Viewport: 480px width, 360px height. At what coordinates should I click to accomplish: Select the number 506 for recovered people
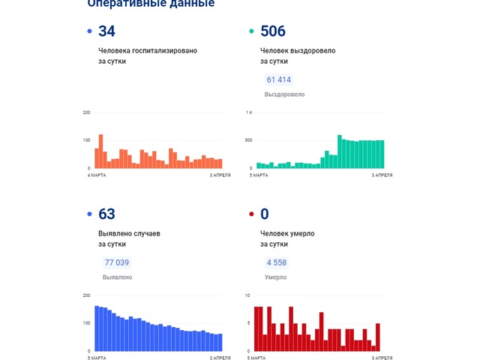pos(272,31)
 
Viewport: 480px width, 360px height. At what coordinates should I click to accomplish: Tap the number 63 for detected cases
pos(106,214)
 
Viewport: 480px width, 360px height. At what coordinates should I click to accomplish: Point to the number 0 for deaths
pos(264,214)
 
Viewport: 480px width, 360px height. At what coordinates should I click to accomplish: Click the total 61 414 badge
pos(278,79)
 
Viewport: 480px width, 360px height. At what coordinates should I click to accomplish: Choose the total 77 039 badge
pos(117,262)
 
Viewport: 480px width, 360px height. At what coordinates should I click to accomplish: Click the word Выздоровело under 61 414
pos(284,94)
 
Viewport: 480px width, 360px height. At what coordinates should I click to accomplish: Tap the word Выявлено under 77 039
pos(118,277)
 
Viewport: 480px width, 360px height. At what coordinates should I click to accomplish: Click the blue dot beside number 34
pos(90,32)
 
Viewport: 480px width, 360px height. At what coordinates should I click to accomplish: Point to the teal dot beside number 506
pos(251,32)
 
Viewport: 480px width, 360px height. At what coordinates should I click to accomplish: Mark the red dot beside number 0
pos(251,215)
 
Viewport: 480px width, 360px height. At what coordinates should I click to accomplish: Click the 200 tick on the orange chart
pos(86,112)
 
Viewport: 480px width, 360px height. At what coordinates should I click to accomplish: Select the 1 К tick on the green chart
pos(250,112)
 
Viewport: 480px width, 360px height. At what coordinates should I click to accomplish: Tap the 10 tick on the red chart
pos(247,295)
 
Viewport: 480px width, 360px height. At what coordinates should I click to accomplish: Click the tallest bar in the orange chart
pos(100,151)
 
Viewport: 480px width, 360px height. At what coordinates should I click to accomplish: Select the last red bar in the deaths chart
pos(378,337)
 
